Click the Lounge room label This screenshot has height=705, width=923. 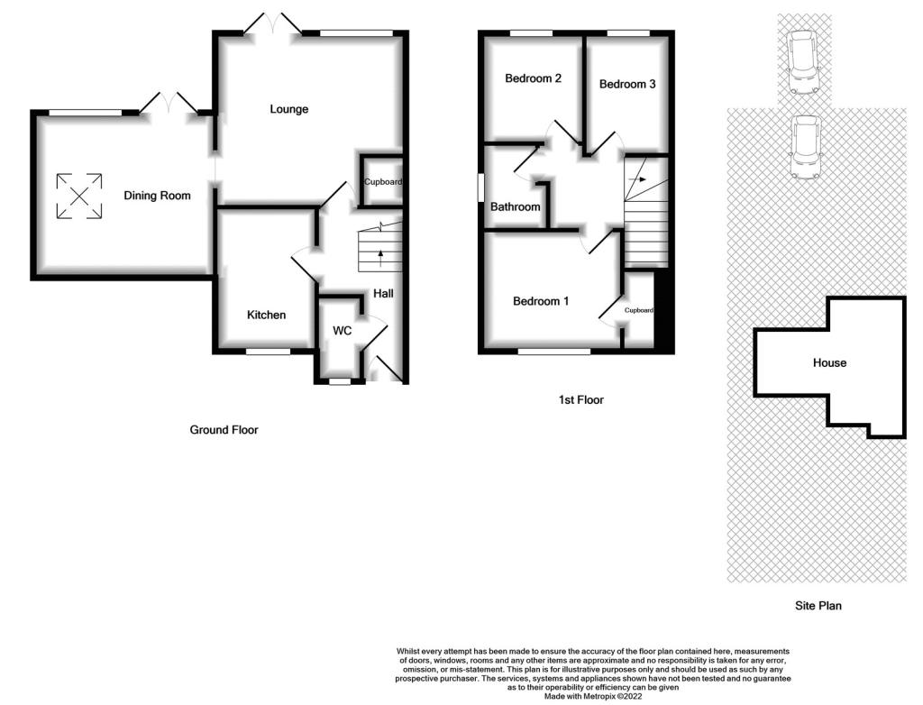click(289, 110)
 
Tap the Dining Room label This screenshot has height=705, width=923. click(157, 196)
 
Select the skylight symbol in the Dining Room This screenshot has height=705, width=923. click(79, 197)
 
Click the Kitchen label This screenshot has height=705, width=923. click(266, 316)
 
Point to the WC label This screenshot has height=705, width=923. click(342, 331)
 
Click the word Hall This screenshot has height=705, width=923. click(383, 293)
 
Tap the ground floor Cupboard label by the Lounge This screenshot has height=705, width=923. click(382, 182)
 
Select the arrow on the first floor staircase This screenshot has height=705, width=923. click(637, 179)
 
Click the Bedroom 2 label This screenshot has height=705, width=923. click(533, 78)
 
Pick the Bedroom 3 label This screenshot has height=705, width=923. click(627, 84)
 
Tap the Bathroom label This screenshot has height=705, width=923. click(515, 206)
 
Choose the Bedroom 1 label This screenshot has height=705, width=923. click(541, 301)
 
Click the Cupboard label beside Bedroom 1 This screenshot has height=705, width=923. click(639, 310)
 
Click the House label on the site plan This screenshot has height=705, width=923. click(829, 362)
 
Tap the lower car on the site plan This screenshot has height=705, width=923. click(805, 147)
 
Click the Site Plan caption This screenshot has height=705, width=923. click(818, 606)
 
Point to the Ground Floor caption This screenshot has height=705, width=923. click(224, 430)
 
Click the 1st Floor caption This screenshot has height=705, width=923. click(581, 400)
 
